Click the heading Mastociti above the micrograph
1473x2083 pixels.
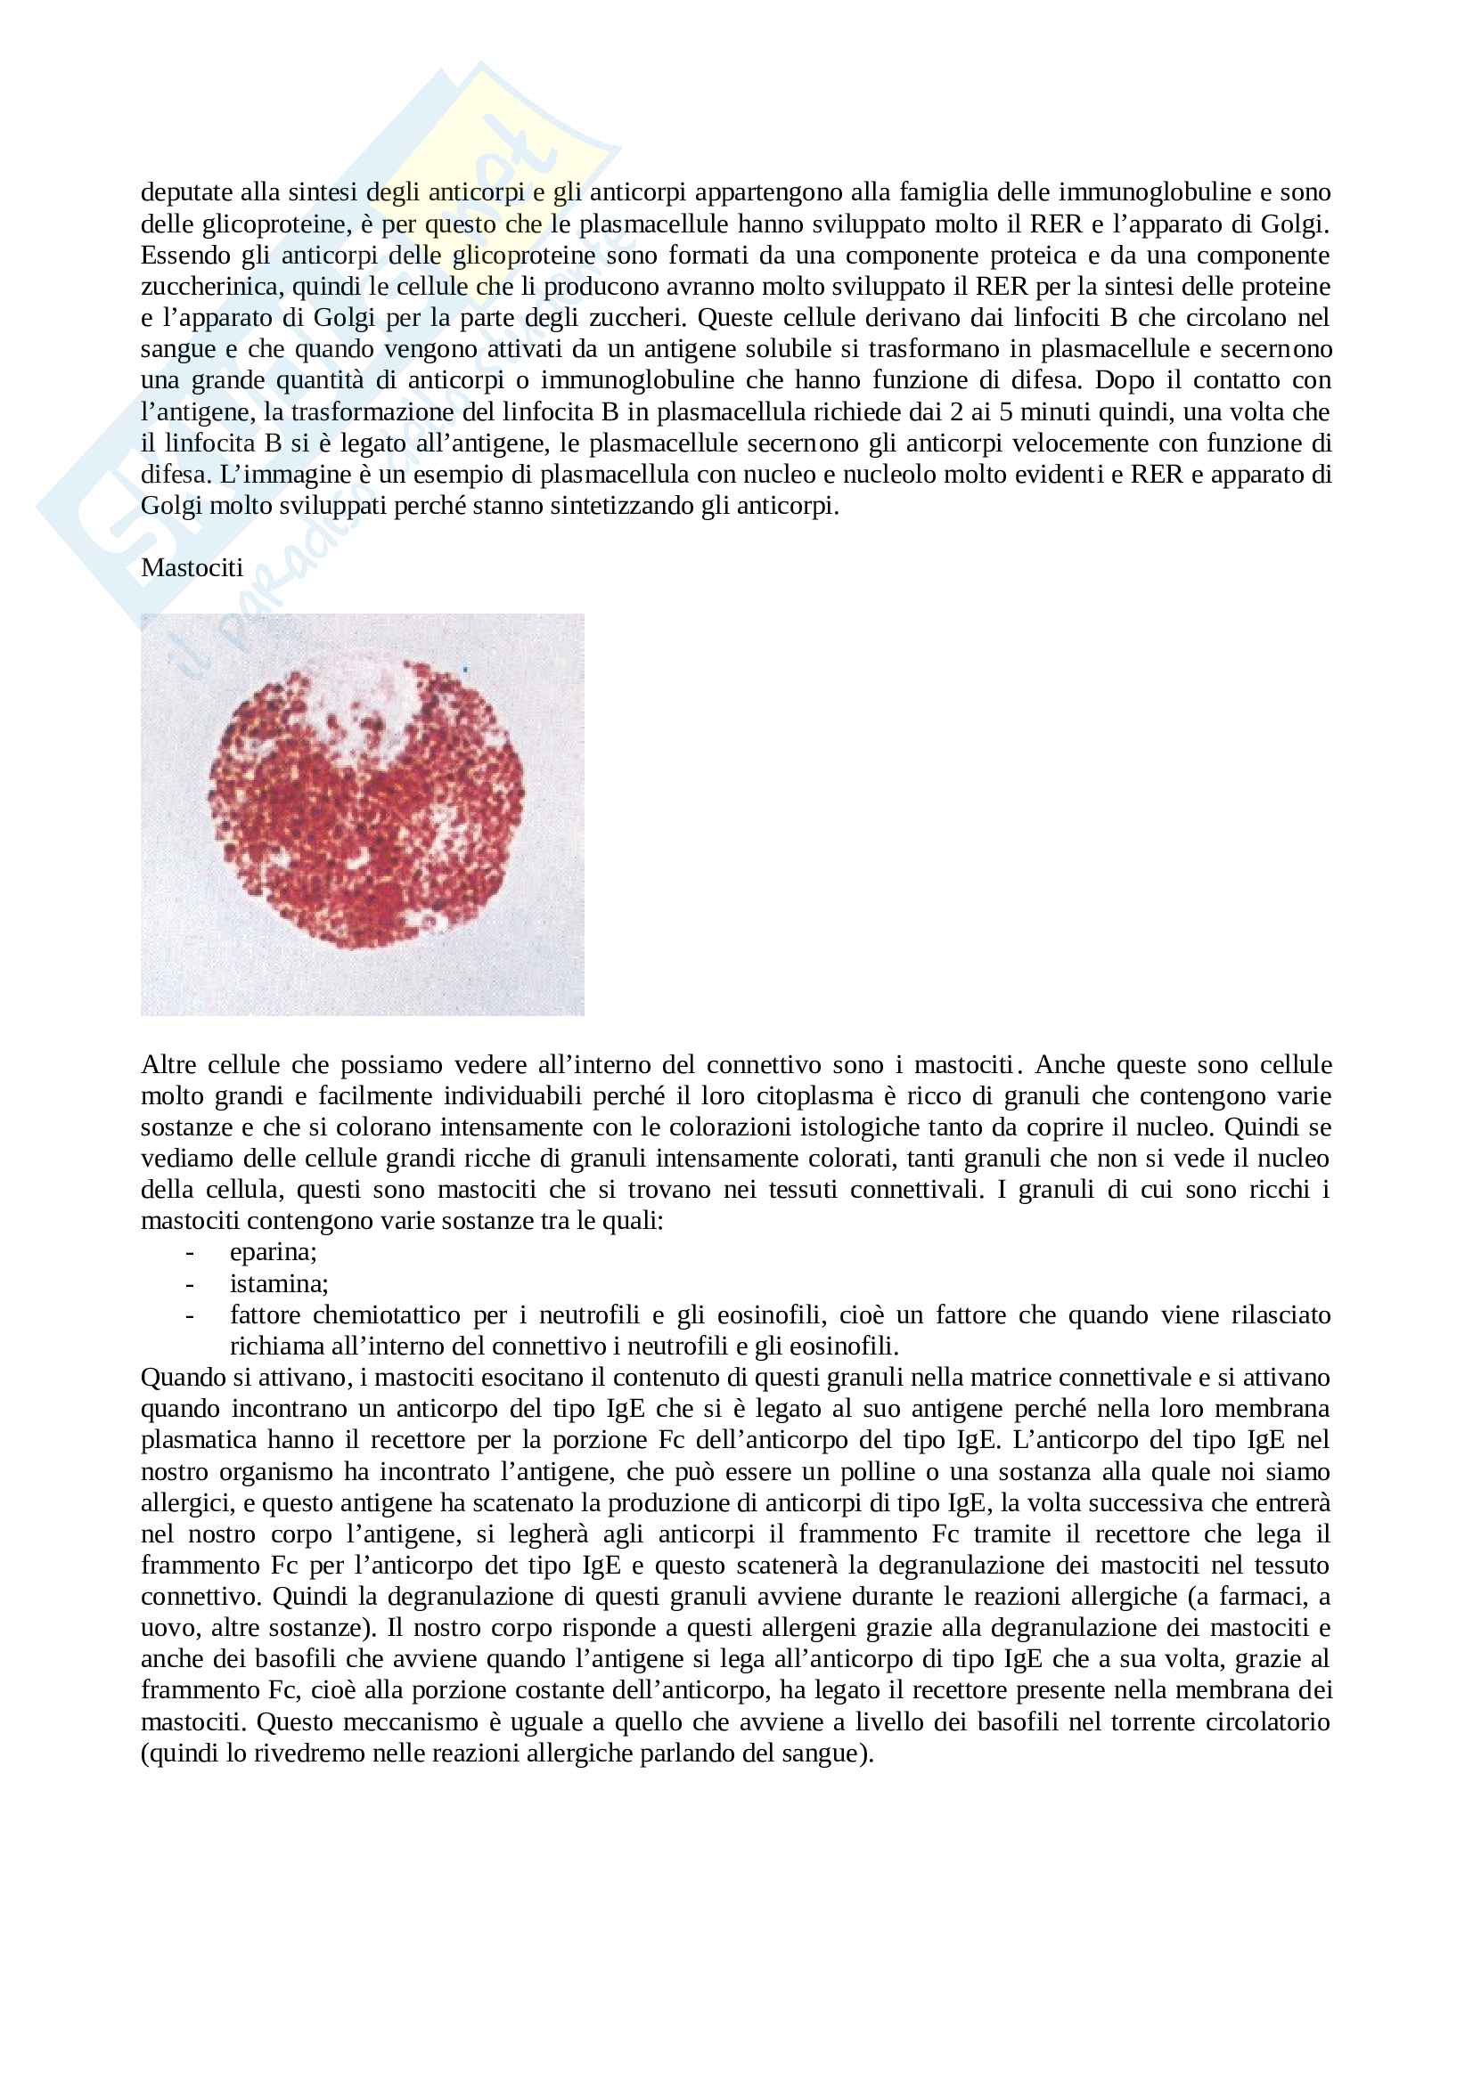click(192, 568)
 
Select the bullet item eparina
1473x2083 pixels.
click(273, 1252)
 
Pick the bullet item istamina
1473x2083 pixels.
click(279, 1284)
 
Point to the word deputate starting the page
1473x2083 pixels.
click(184, 192)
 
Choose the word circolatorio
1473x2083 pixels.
click(1267, 1722)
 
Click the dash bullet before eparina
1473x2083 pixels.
click(190, 1252)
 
